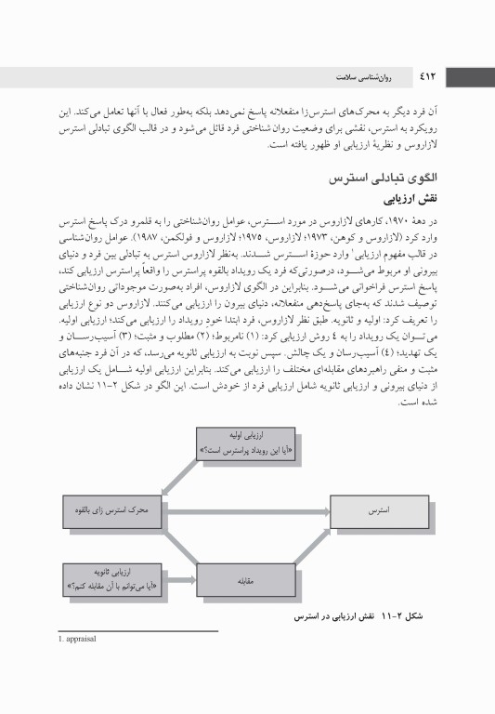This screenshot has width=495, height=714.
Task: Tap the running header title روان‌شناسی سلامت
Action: pos(371,74)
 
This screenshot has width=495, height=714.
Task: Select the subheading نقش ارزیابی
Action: pos(409,198)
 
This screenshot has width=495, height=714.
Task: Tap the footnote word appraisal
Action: pos(86,640)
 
